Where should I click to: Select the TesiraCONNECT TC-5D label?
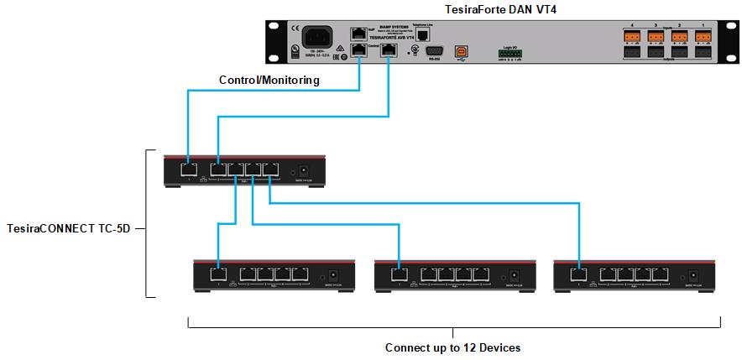(67, 227)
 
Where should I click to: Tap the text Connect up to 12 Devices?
(453, 347)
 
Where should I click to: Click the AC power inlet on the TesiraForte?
(319, 36)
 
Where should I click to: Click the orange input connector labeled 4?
(631, 37)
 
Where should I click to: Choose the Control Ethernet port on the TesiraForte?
(359, 50)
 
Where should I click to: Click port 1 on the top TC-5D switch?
(187, 170)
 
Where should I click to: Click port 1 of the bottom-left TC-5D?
(217, 274)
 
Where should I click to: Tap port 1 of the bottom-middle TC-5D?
(399, 274)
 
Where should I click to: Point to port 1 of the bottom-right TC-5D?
(578, 274)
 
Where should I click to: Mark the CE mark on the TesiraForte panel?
(294, 29)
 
